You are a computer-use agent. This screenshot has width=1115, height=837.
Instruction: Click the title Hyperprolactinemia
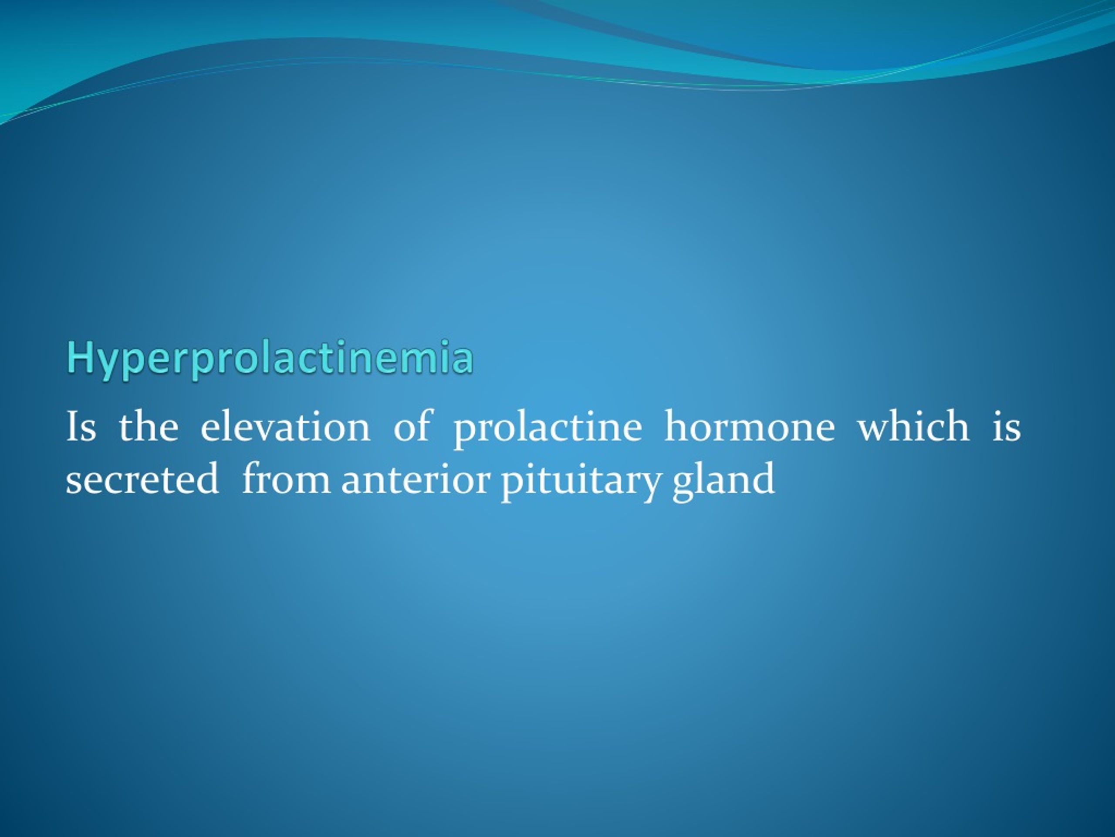[x=270, y=359]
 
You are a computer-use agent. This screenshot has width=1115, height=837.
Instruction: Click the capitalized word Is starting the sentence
[x=81, y=427]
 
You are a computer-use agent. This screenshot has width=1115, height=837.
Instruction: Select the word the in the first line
[x=148, y=427]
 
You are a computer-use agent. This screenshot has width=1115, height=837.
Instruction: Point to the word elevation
[x=285, y=427]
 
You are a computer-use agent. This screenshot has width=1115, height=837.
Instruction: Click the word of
[x=412, y=427]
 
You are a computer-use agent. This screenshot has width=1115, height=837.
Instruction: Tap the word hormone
[x=750, y=427]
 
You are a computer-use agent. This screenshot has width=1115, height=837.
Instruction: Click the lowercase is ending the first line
[x=1006, y=427]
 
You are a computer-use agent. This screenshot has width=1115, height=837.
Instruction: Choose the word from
[x=285, y=478]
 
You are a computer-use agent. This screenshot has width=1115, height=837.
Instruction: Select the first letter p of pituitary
[x=510, y=483]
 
